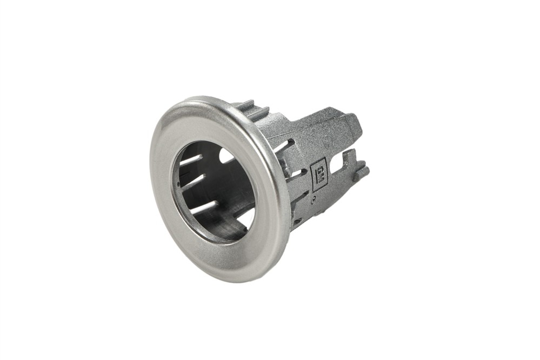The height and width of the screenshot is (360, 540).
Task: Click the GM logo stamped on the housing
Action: click(319, 176)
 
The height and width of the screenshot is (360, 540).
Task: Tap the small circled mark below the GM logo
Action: click(312, 199)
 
